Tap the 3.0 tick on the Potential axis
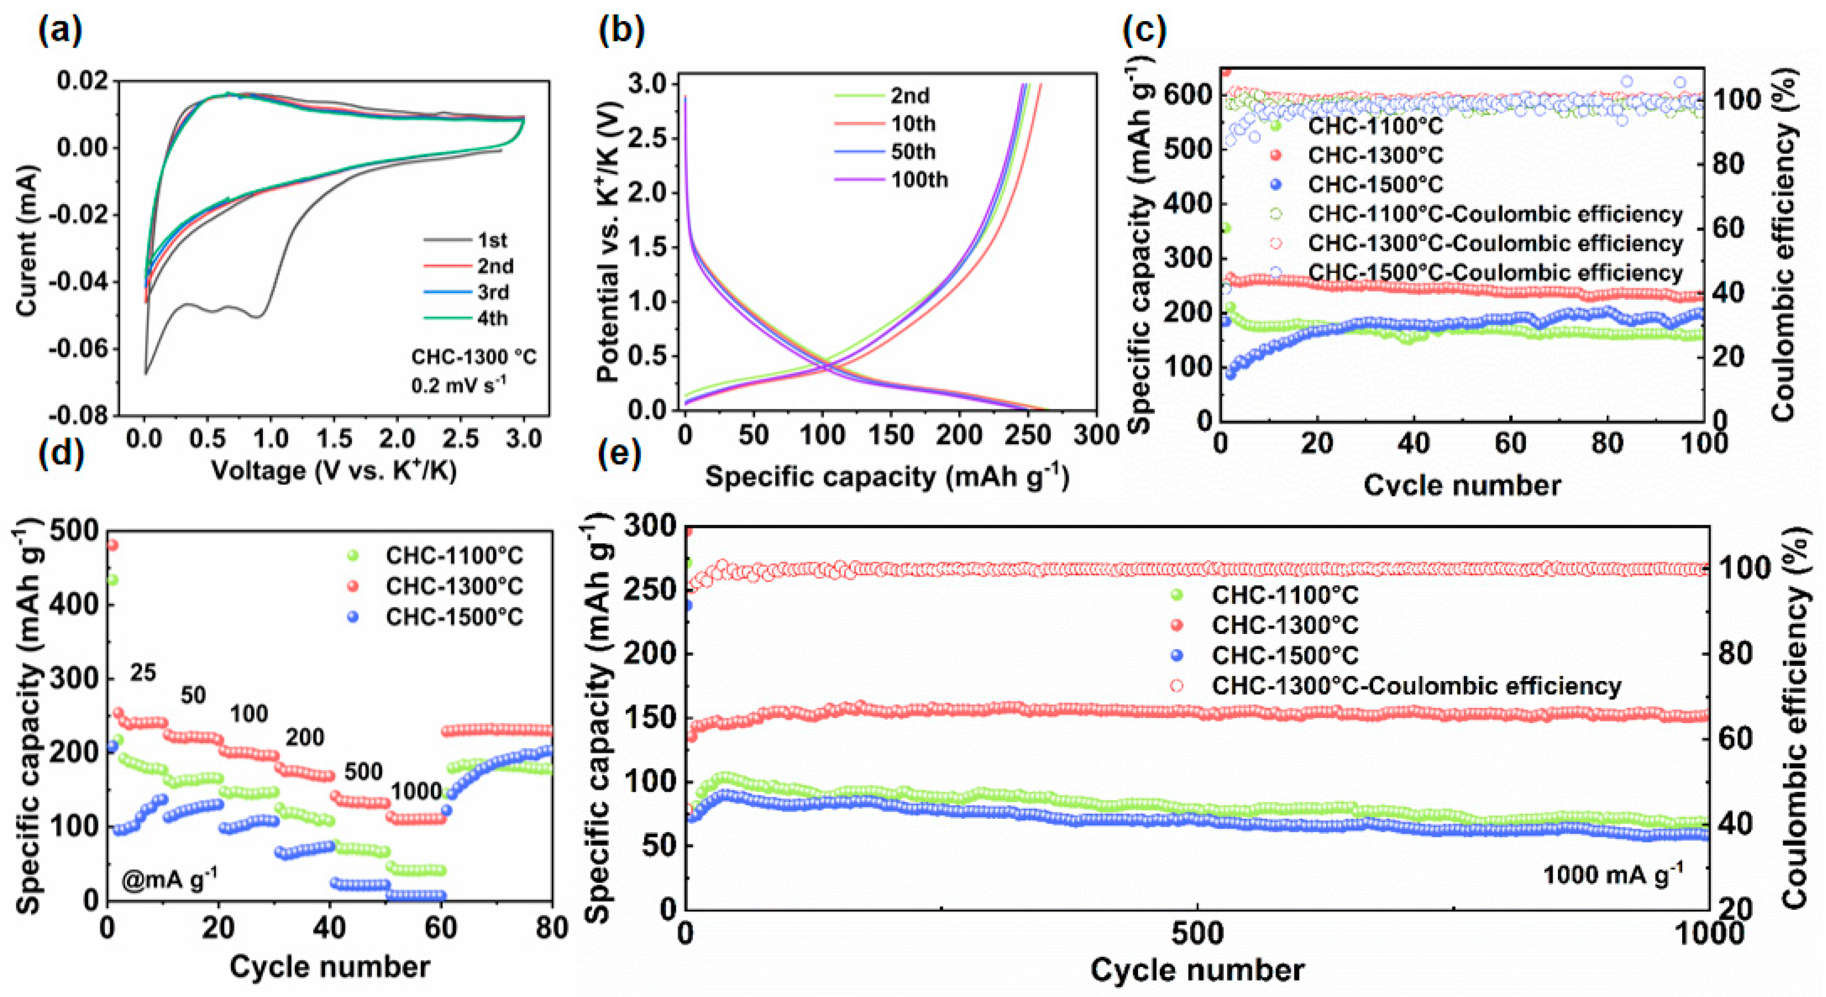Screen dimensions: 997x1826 pyautogui.click(x=647, y=84)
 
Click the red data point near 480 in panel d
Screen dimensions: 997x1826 pyautogui.click(x=111, y=545)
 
